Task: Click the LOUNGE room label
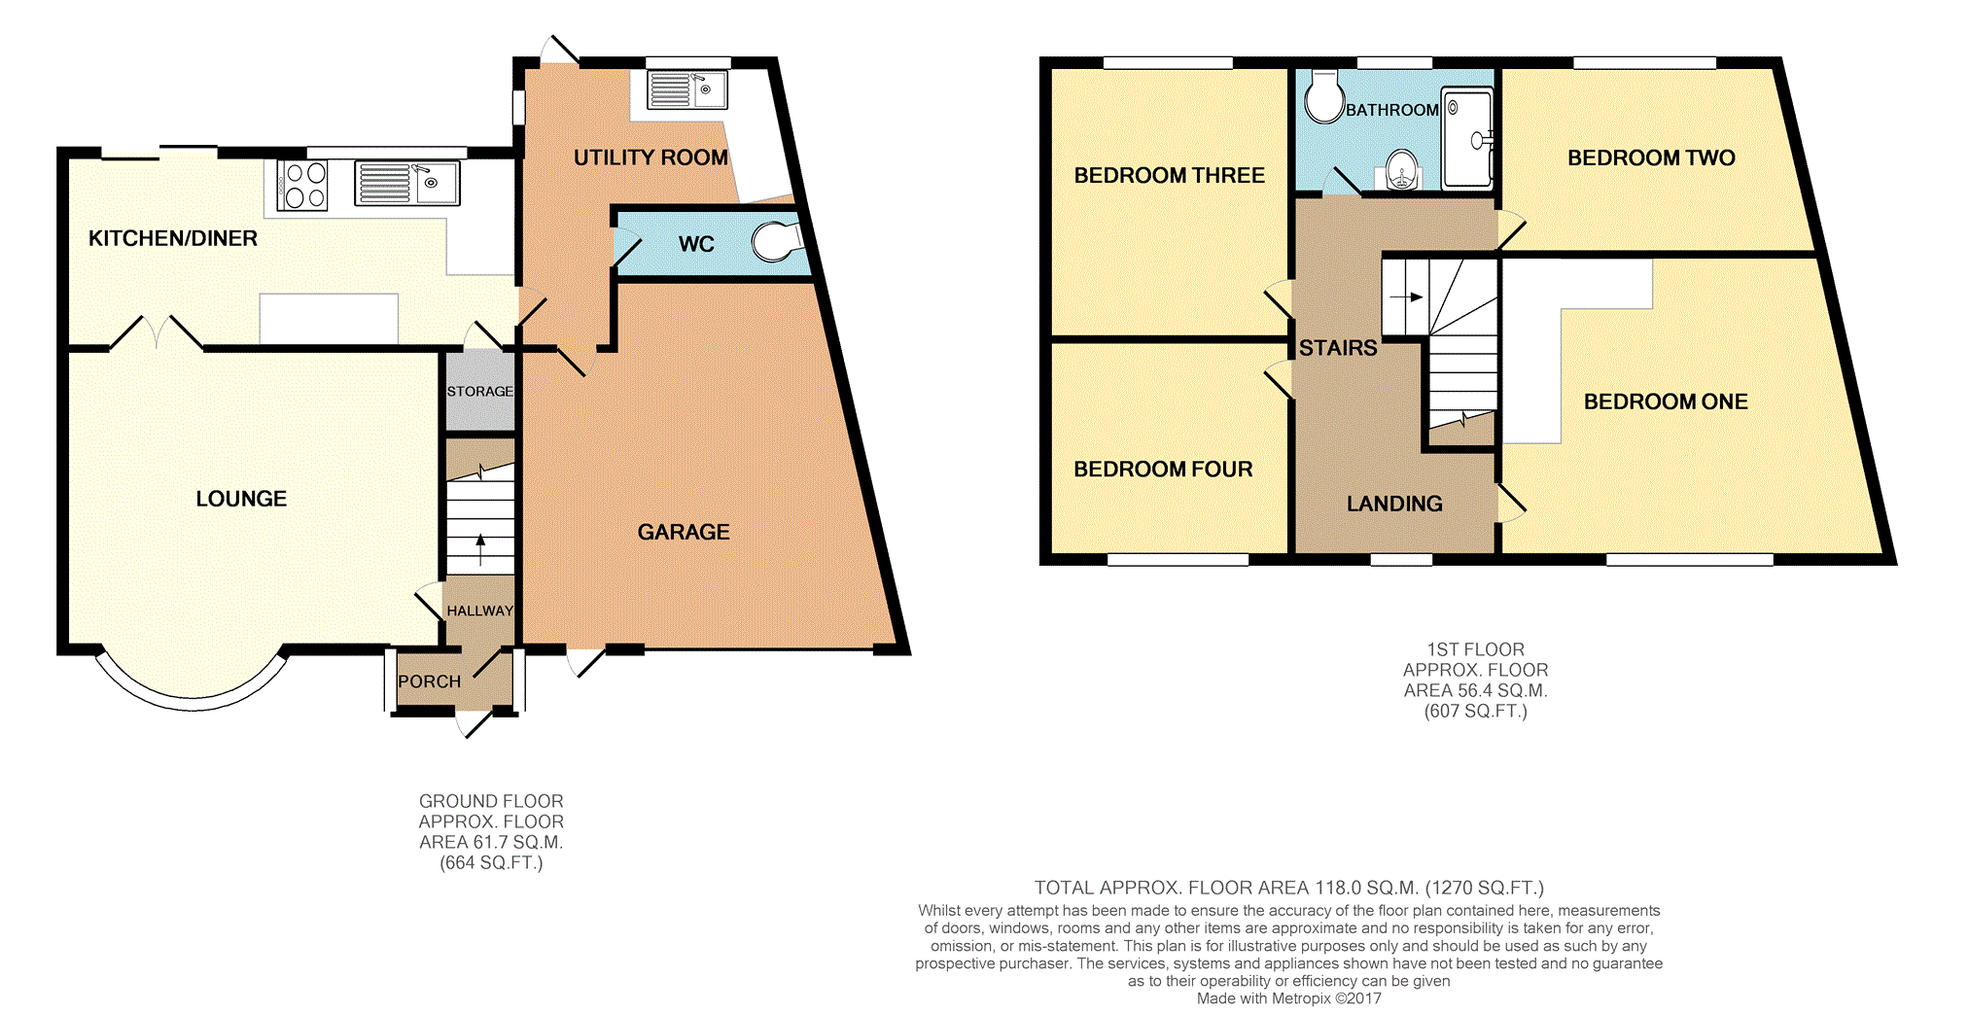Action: tap(241, 499)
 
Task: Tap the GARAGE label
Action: tap(684, 532)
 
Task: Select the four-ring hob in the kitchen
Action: tap(302, 185)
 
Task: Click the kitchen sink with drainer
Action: tap(406, 183)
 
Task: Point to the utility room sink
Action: tap(686, 89)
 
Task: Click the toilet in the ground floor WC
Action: tap(776, 242)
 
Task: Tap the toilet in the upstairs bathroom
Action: tap(1323, 96)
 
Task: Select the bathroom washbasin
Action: tap(1400, 171)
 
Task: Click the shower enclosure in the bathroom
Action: tap(1466, 137)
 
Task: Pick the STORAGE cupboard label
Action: tap(479, 391)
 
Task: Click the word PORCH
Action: tap(429, 681)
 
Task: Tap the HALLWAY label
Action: tap(479, 611)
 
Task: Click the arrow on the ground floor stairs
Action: tap(480, 549)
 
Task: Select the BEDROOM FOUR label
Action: tap(1163, 470)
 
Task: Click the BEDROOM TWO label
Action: tap(1651, 157)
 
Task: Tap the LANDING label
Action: tap(1394, 504)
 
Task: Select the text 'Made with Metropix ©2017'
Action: tap(1288, 998)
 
